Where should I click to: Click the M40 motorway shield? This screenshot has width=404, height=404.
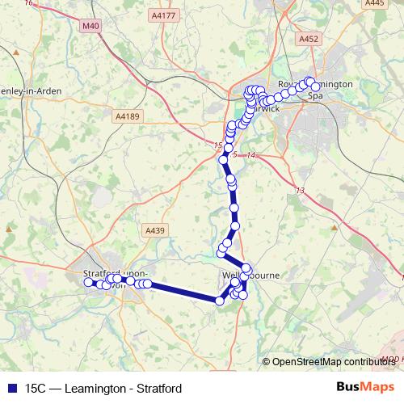(x=91, y=27)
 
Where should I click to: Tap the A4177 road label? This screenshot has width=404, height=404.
(x=163, y=15)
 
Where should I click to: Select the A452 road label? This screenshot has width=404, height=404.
(x=308, y=39)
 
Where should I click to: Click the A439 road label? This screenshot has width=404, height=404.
(x=155, y=230)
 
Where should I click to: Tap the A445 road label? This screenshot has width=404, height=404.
(x=375, y=4)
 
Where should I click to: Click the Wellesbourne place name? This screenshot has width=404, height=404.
(x=250, y=276)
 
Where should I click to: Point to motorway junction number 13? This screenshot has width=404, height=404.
(x=301, y=191)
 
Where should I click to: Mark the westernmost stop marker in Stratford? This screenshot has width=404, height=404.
(x=88, y=283)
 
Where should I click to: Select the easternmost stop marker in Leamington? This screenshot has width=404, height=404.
(x=316, y=86)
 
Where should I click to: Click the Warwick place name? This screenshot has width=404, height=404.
(x=270, y=107)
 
